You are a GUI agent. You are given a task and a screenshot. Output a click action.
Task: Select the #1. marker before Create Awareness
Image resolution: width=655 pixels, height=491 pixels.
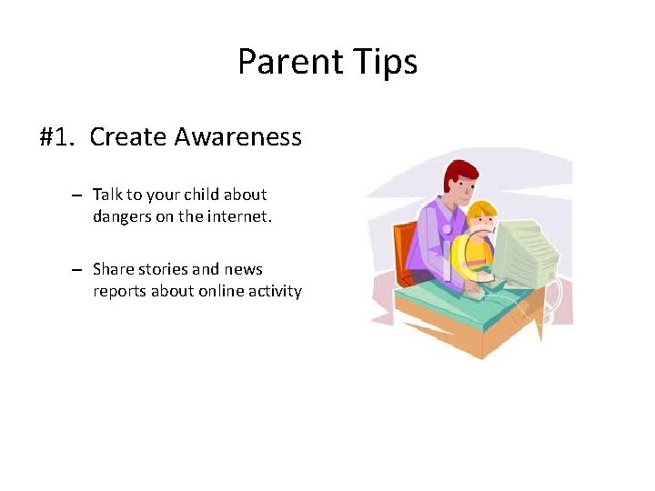coord(59,137)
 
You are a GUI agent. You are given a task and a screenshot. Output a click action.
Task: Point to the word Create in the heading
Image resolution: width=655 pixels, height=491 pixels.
coord(128,137)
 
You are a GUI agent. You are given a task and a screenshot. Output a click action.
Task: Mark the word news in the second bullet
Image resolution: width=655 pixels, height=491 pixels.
coord(244,269)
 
